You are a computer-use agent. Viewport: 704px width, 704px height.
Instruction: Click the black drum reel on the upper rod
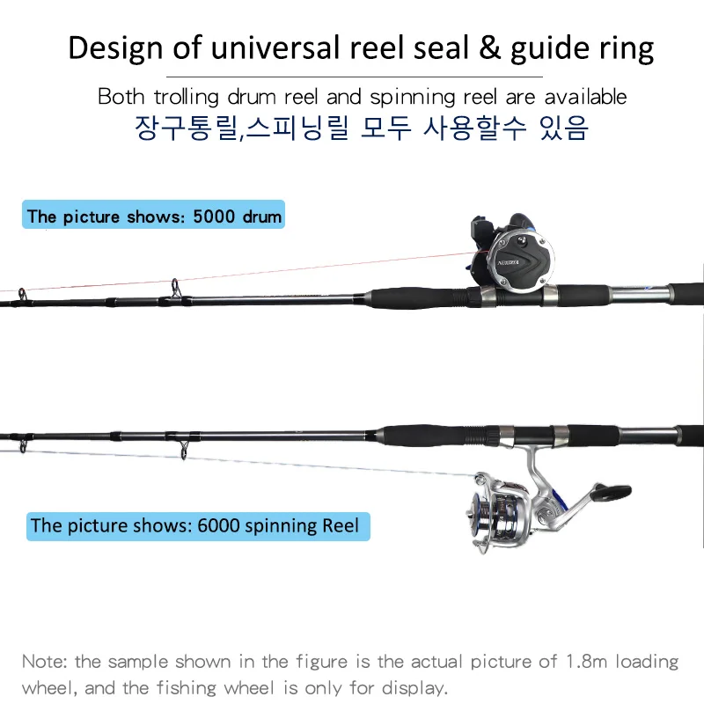510,256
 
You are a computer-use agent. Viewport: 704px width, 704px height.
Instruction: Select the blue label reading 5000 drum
154,216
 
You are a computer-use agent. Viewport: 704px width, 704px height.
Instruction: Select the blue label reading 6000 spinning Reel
195,526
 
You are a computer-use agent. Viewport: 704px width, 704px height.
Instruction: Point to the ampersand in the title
488,48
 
